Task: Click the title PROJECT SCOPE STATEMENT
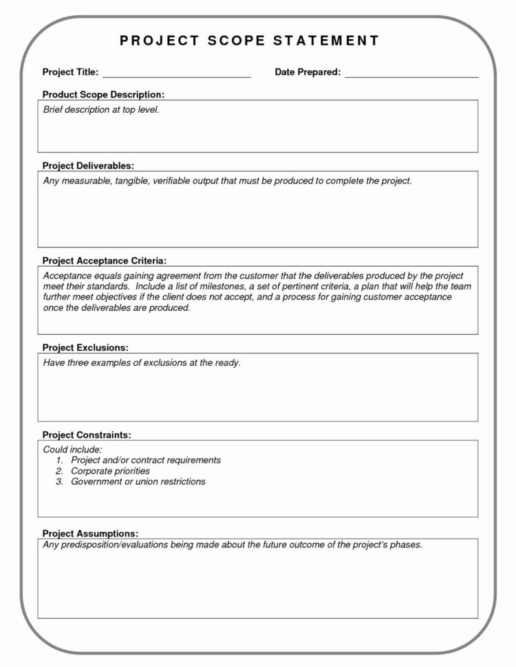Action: [x=249, y=41]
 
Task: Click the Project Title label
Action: [x=70, y=72]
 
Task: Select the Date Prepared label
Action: [x=308, y=72]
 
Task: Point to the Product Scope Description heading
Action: [x=103, y=94]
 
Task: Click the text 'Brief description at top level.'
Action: [x=101, y=110]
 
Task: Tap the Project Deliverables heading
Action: [x=88, y=166]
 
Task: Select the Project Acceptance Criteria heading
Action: [x=104, y=261]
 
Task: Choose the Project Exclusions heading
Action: [x=85, y=348]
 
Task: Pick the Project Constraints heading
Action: [x=87, y=435]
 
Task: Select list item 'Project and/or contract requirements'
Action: [x=146, y=460]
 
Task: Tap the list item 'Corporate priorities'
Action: [x=110, y=471]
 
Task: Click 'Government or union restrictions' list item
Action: [x=138, y=482]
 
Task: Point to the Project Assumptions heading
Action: [x=90, y=533]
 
